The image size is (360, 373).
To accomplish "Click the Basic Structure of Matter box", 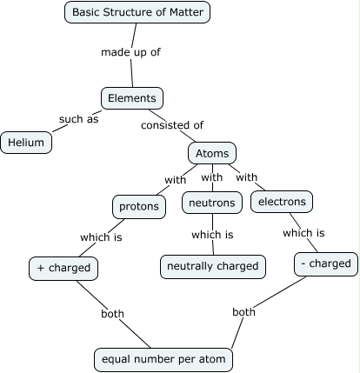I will coord(137,12).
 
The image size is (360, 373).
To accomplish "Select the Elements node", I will coord(131,98).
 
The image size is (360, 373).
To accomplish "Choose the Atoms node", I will coord(211,154).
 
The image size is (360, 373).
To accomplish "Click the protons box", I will coord(139,206).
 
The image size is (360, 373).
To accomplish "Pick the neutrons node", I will coord(211,203).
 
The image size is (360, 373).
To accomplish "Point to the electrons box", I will coord(282,202).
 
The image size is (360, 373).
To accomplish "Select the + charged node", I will coord(63,268).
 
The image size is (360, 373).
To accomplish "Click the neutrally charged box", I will coord(213,266).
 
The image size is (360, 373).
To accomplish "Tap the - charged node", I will coord(325,263).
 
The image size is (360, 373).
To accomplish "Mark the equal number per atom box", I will coord(163,358).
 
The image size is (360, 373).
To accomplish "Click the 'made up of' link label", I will coord(130,52).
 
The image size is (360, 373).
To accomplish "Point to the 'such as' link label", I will coord(78,119).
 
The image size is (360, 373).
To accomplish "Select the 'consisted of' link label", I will coord(172,125).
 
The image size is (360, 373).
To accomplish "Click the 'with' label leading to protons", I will coord(175,181).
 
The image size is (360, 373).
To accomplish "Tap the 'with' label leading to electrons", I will coord(247,177).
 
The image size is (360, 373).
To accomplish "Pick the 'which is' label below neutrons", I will coord(212,235).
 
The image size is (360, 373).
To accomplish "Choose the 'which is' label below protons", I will coord(101,237).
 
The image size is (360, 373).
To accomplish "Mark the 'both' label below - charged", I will coord(243,311).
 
